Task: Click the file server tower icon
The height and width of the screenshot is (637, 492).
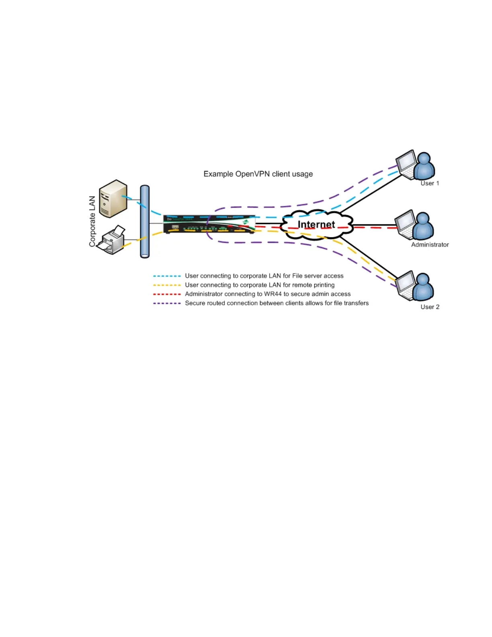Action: click(x=113, y=199)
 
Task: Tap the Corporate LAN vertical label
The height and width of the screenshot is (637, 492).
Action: click(x=92, y=221)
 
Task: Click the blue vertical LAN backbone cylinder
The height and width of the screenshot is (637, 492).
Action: click(x=145, y=222)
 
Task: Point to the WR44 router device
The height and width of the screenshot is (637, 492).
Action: click(x=209, y=224)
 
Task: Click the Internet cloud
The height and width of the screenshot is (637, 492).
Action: click(x=316, y=224)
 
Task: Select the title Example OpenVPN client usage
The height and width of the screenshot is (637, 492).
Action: click(x=258, y=174)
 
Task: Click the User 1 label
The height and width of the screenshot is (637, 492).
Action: click(x=430, y=183)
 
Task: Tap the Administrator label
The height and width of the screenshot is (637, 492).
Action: click(x=430, y=245)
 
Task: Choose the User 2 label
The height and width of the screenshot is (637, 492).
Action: click(x=430, y=307)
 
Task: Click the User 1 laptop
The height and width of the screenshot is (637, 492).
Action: click(x=406, y=164)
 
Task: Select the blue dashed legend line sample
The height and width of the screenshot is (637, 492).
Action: click(x=167, y=276)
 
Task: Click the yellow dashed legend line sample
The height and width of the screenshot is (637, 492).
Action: click(x=167, y=285)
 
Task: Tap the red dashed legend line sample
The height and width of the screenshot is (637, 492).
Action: click(x=167, y=294)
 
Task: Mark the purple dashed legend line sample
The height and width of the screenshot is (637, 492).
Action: click(x=167, y=303)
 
